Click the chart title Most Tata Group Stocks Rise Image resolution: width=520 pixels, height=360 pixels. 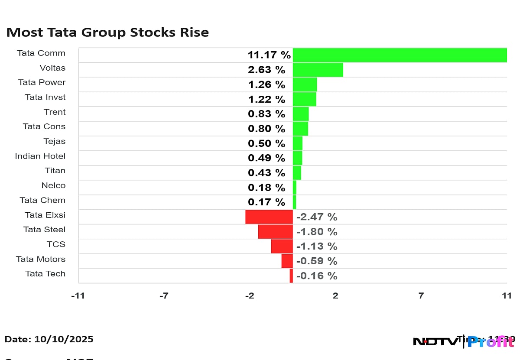click(x=107, y=32)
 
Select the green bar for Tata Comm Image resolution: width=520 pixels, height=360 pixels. click(x=400, y=55)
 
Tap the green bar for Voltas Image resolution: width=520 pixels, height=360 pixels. click(x=318, y=70)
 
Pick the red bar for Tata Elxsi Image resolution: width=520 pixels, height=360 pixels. click(x=269, y=217)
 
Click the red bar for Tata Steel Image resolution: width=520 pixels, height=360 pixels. click(x=275, y=231)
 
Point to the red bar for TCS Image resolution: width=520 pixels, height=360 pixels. click(x=282, y=246)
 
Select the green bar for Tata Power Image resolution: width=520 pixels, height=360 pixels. click(x=305, y=84)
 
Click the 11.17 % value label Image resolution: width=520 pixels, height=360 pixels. click(x=269, y=55)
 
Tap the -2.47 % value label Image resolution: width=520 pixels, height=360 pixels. click(x=317, y=217)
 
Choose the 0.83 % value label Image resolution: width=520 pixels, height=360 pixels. click(x=266, y=114)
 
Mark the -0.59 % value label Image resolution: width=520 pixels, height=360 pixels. click(x=317, y=261)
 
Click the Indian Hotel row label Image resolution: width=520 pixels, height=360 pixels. click(x=40, y=156)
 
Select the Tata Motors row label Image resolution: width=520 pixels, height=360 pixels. click(x=41, y=259)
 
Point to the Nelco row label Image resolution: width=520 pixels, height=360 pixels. click(x=53, y=185)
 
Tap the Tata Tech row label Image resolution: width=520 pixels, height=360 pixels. click(x=45, y=274)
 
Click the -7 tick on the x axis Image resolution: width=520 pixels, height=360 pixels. click(x=164, y=296)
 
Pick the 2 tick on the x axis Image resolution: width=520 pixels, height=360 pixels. click(x=335, y=296)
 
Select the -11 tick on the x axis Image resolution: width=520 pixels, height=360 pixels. click(x=78, y=296)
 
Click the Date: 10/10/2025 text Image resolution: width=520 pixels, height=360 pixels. click(x=49, y=339)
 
